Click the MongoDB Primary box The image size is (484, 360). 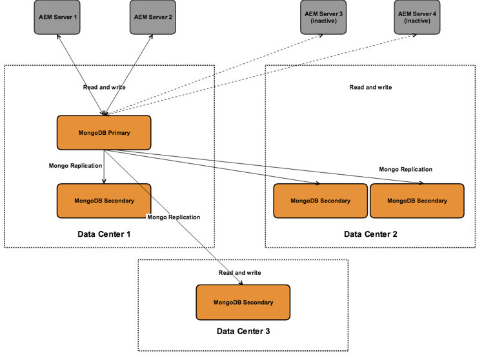pos(104,133)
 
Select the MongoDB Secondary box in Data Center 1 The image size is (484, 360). pos(104,201)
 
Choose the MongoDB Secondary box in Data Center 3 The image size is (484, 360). pos(243,302)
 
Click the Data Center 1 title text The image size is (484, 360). pos(104,234)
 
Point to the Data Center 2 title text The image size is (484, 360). pos(370,234)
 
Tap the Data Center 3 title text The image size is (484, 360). pos(243,332)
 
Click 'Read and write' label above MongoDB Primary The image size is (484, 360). pos(104,87)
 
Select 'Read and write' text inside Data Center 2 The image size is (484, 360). pos(370,87)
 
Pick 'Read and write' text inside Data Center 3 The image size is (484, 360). pos(239,273)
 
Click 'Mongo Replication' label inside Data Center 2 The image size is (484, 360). pos(405,169)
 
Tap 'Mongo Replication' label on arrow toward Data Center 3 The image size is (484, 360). pos(174,217)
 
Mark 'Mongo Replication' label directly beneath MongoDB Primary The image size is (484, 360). pos(75,166)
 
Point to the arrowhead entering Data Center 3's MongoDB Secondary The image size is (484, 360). pos(241,281)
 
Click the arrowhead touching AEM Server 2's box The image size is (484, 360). pos(151,38)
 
